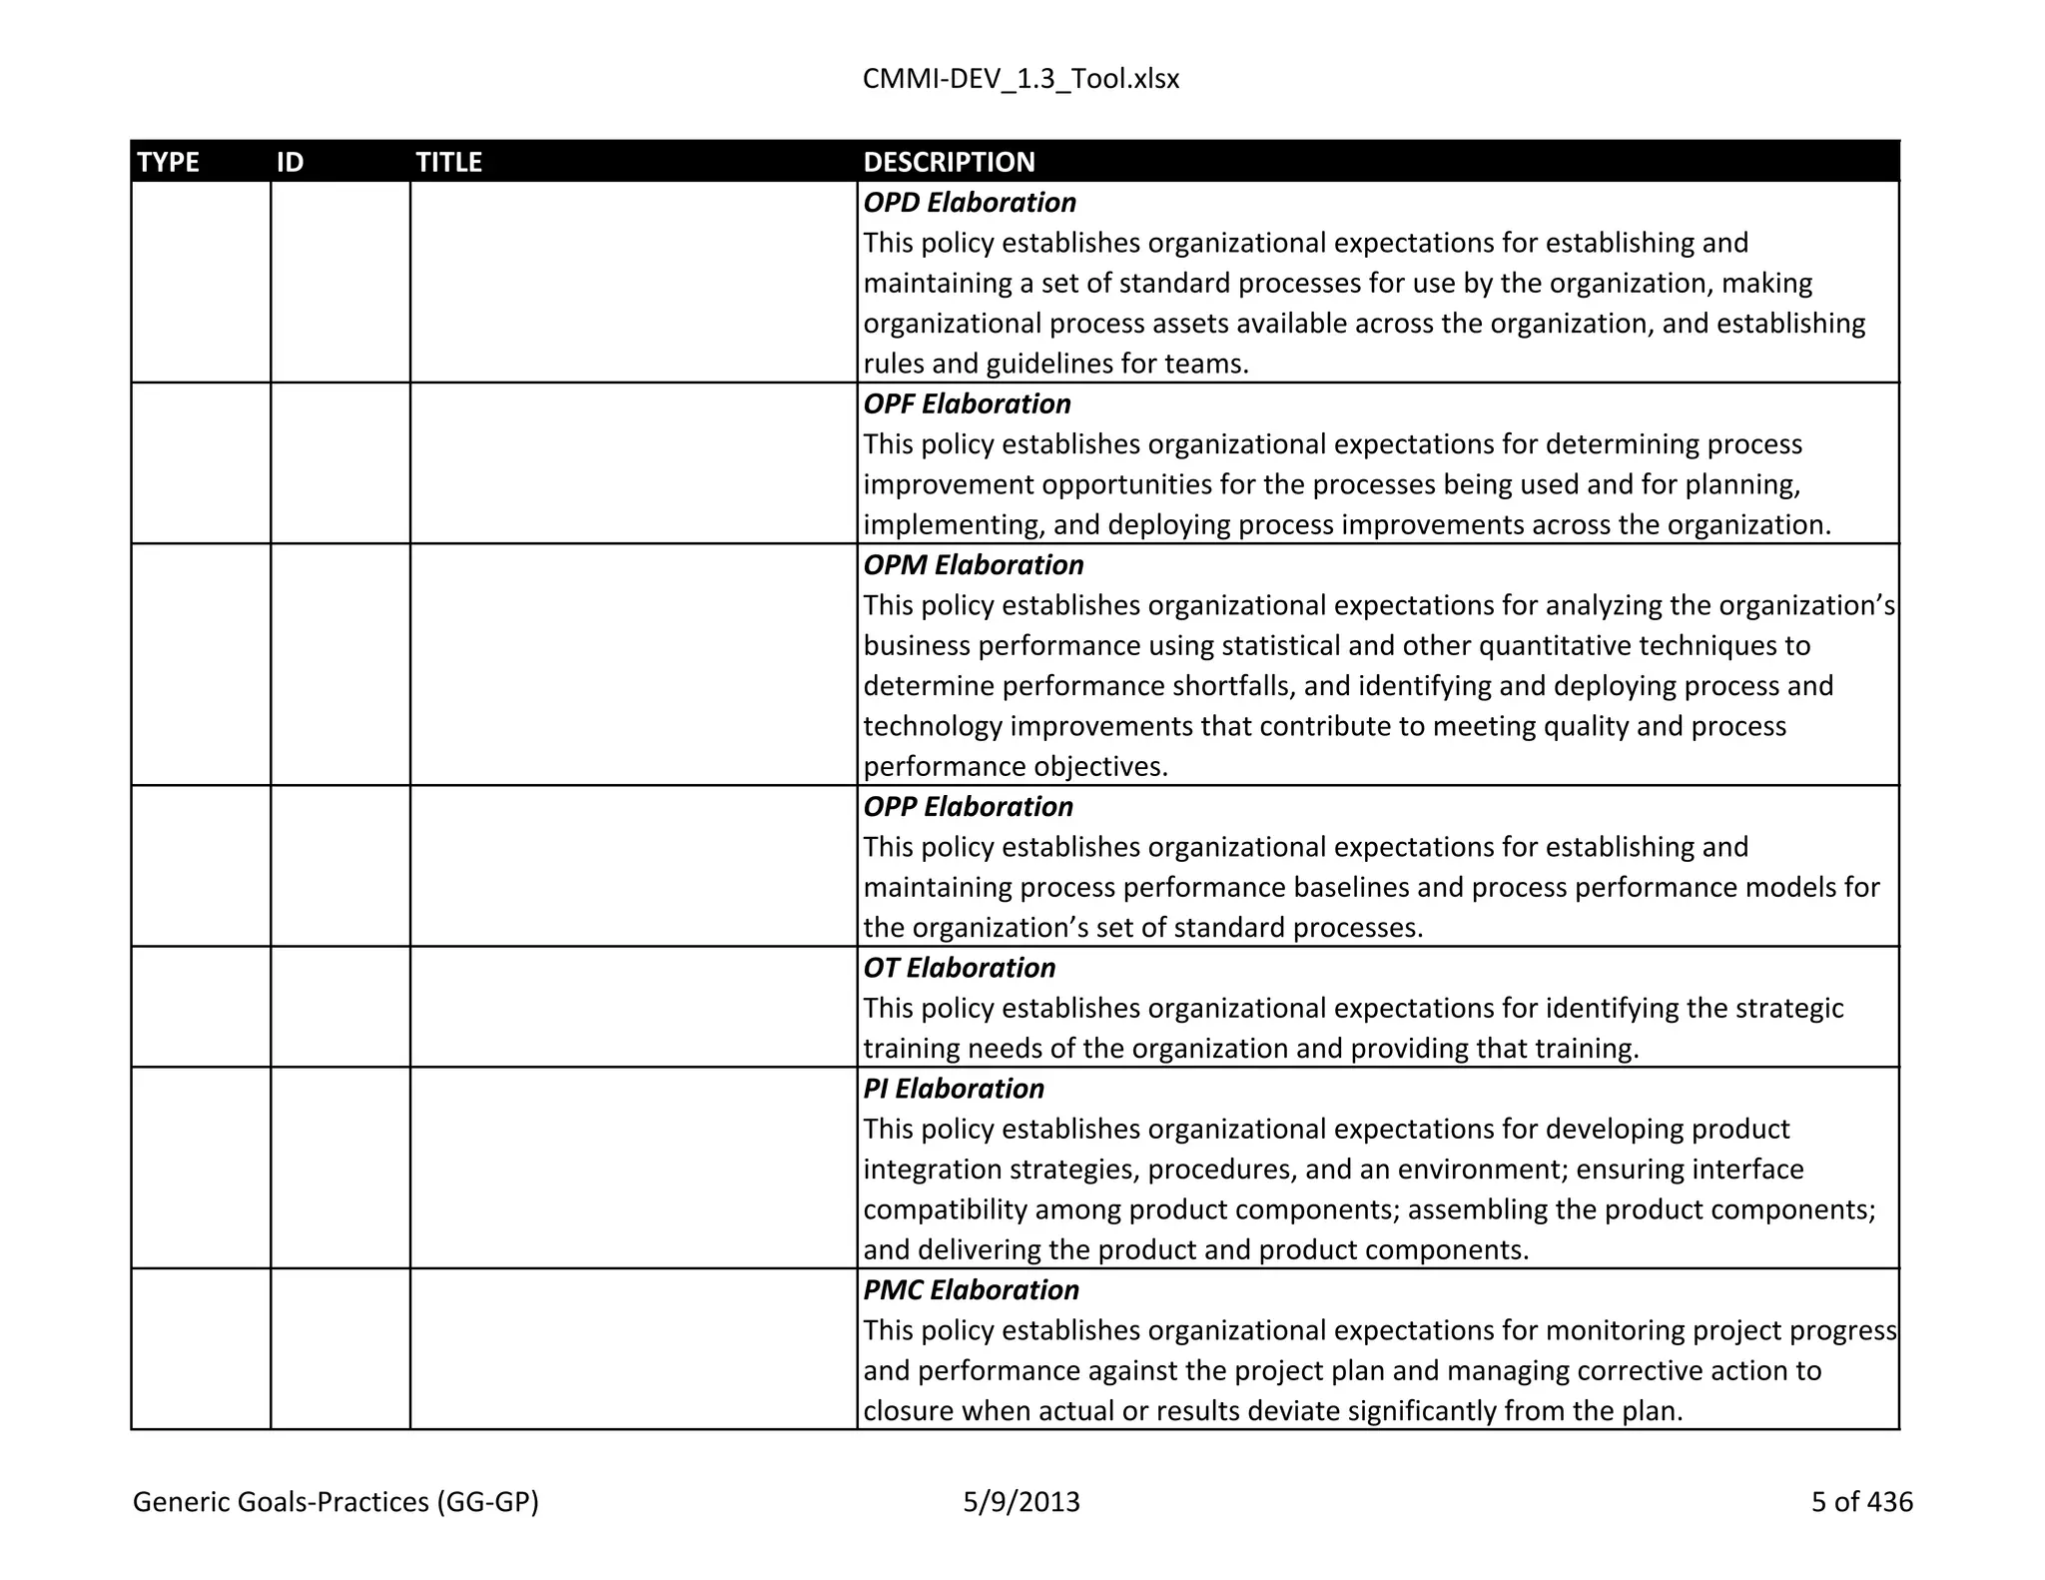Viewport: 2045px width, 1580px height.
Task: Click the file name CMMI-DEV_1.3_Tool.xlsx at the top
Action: click(x=1021, y=79)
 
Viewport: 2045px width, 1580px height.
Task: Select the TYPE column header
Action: click(x=168, y=162)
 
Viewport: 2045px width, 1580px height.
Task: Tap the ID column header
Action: click(x=290, y=162)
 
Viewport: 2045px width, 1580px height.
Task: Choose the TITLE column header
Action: click(x=448, y=162)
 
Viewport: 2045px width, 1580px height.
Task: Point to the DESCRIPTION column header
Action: click(x=949, y=162)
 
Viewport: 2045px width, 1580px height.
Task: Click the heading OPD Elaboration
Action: click(x=969, y=203)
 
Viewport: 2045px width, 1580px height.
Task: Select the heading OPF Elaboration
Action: click(x=967, y=404)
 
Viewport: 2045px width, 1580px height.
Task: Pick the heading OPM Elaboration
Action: click(x=973, y=565)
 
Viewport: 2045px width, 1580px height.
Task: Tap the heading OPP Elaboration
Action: click(x=968, y=807)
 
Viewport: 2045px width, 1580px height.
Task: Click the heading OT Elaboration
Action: click(x=959, y=968)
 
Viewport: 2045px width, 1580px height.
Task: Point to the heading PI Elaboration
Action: click(x=953, y=1089)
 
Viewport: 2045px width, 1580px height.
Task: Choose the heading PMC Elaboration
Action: click(x=971, y=1290)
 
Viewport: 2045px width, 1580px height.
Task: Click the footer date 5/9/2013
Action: click(x=1021, y=1502)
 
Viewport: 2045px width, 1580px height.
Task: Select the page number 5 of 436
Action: click(x=1861, y=1502)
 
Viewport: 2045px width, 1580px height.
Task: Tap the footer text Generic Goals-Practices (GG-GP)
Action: click(x=336, y=1502)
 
